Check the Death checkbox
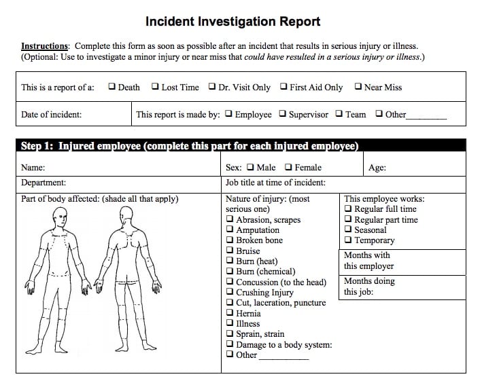[111, 87]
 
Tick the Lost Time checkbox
[156, 87]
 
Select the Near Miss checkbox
[358, 87]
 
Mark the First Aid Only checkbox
[283, 87]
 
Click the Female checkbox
[289, 167]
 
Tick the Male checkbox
[251, 167]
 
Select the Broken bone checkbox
[230, 240]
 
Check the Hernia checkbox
[230, 314]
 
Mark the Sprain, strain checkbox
[230, 334]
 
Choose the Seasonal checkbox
[349, 230]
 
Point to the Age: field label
[377, 168]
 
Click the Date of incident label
[52, 115]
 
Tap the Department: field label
[44, 183]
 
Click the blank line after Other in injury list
[283, 357]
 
